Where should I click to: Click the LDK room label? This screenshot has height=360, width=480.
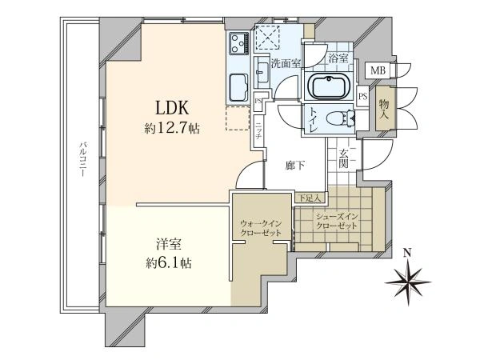(172, 108)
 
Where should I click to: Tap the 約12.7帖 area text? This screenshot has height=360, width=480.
(172, 128)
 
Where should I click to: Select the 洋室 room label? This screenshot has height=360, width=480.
(169, 244)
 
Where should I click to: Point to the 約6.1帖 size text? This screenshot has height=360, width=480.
(169, 263)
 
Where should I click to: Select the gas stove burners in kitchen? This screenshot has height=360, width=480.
(239, 43)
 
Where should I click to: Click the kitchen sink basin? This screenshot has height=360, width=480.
(239, 87)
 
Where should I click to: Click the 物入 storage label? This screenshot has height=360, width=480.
(384, 110)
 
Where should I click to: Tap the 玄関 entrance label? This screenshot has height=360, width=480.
(343, 158)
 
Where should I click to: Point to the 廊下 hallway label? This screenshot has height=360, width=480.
(294, 166)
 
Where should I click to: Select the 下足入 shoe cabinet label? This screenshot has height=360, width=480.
(310, 198)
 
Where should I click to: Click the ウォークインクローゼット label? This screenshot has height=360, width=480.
(261, 228)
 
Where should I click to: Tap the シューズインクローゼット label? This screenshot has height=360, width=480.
(337, 222)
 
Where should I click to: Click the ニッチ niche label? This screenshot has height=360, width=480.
(258, 131)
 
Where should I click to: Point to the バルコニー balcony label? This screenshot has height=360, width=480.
(82, 159)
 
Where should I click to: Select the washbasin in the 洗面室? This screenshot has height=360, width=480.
(262, 72)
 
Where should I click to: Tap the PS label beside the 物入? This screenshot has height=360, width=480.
(363, 97)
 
